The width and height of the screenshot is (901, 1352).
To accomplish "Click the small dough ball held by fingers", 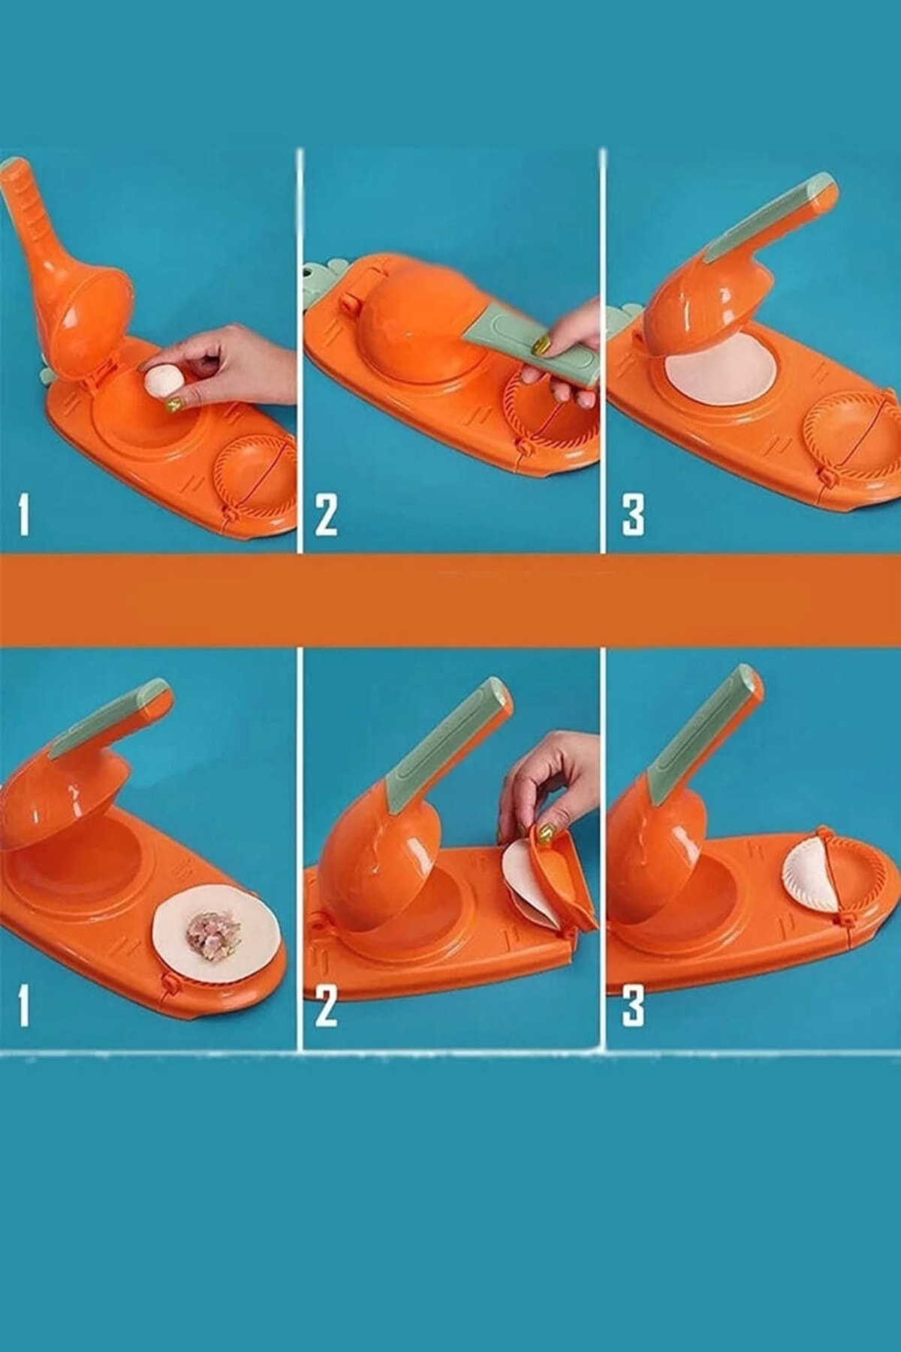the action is coord(163,381).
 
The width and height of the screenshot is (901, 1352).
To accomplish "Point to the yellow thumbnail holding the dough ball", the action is coord(173,406).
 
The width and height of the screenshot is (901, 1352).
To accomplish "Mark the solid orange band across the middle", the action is coord(450,600).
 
